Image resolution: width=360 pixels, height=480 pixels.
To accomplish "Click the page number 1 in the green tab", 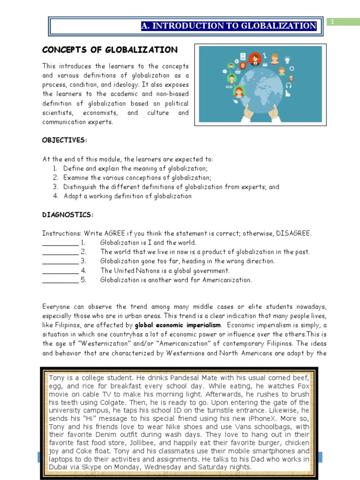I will click(332, 22).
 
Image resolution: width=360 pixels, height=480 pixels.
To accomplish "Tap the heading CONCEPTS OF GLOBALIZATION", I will click(110, 50).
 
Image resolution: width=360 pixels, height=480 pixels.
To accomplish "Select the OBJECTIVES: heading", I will click(65, 140).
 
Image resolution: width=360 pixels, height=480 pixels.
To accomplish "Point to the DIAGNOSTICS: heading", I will click(68, 215).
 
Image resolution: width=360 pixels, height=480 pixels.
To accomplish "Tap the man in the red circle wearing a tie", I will click(255, 59).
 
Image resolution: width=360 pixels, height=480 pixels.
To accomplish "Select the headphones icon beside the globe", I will click(289, 85).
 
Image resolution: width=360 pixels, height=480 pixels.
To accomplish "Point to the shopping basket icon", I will click(238, 71).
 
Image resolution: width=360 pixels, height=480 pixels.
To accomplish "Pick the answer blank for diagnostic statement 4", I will click(60, 271).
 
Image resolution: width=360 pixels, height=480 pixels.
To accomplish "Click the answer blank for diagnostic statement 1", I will click(60, 243).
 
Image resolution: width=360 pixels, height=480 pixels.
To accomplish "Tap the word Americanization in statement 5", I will click(226, 280).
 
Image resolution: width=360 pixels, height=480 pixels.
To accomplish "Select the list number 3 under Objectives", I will click(55, 187).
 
